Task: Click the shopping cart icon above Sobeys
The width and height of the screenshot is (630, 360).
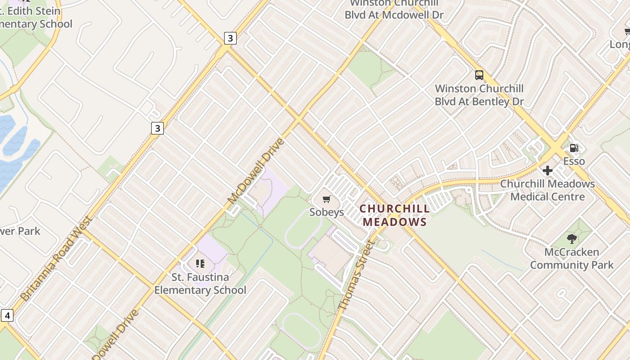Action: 327,199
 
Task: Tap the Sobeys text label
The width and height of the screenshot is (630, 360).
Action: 327,212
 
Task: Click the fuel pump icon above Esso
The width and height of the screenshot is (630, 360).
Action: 574,148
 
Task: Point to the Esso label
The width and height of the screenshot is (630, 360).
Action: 574,161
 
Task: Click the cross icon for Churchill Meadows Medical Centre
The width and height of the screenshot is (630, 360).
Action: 548,171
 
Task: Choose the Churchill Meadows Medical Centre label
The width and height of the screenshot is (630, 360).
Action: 547,190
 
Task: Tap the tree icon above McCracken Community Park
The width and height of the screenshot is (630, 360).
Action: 572,238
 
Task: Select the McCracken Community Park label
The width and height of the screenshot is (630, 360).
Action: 571,258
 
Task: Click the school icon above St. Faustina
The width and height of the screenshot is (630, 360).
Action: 200,264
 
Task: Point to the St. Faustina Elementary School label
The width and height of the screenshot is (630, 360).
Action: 200,283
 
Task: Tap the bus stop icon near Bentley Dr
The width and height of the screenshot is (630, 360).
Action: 479,75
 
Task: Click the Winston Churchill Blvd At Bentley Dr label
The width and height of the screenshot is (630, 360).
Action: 479,95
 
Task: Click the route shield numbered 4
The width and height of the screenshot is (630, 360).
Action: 7,315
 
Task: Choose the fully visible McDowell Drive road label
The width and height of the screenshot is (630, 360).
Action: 256,171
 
